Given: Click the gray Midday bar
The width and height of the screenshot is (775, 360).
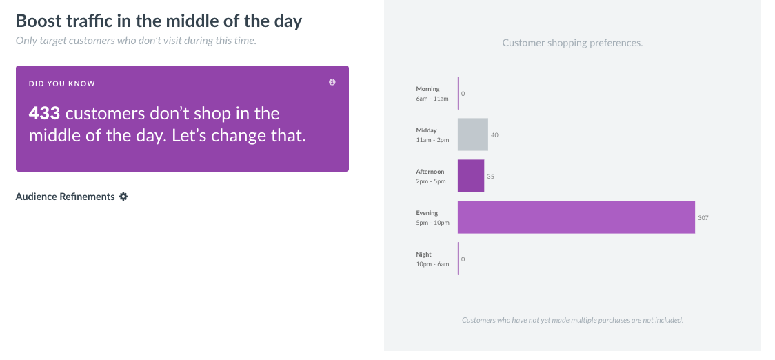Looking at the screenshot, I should pos(473,134).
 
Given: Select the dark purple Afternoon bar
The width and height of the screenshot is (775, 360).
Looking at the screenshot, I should pos(471,176).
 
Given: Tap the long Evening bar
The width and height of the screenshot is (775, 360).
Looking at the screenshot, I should pos(576,217).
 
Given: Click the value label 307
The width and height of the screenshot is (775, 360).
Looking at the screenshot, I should pos(703,218).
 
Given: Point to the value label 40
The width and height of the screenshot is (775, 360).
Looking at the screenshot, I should pos(494,135).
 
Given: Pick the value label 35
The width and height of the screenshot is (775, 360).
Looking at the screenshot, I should pos(490,177).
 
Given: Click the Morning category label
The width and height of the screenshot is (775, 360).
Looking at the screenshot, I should pos(427,89).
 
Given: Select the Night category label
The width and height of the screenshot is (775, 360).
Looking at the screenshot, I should pos(423,254).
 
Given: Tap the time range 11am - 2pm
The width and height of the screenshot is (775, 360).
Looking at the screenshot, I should pos(432,140).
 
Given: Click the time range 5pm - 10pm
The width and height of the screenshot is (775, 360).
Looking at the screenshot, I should pos(432,223).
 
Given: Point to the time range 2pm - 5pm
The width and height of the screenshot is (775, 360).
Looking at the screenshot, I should pos(431,181).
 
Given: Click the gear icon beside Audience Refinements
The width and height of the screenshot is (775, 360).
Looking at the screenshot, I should pos(123,197).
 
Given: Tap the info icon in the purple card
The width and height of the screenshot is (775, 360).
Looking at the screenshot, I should pos(332,82).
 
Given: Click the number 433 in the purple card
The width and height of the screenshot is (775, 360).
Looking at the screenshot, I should pos(44,114).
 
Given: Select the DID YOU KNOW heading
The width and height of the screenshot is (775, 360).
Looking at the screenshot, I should pos(62,83).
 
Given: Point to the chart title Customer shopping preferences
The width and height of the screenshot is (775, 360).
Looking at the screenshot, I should pos(572,43).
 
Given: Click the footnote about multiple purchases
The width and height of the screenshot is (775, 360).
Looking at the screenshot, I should pos(572,320).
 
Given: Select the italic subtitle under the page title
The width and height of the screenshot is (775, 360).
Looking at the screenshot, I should pos(136,41).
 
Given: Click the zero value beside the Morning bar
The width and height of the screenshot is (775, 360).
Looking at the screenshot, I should pos(463,94).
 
